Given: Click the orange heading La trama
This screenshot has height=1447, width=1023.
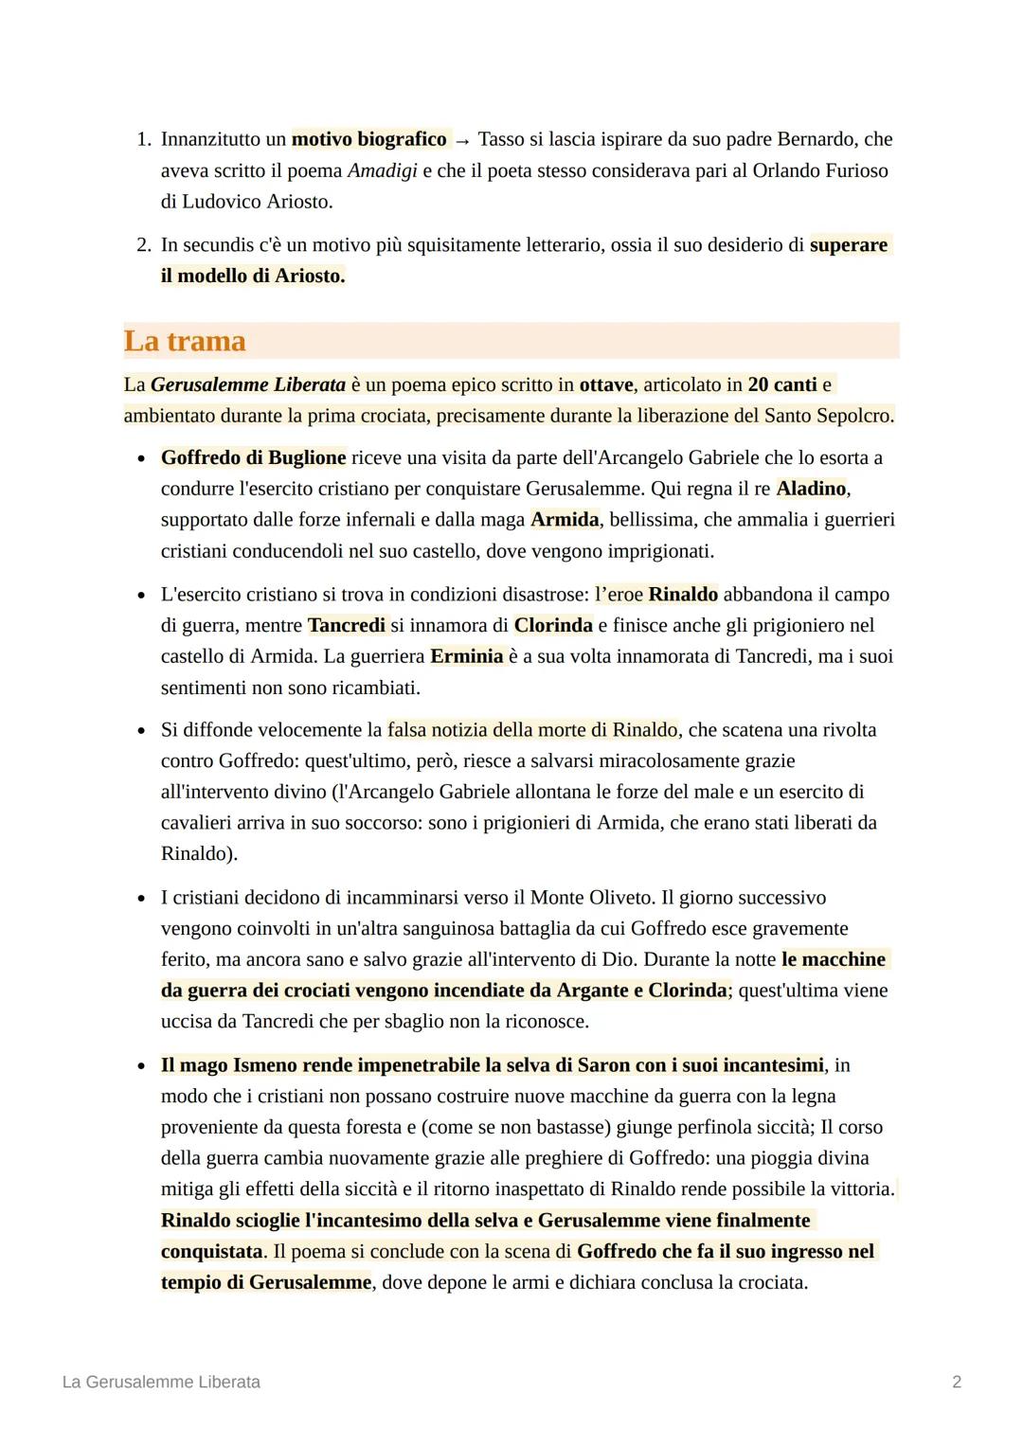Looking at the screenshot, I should coord(185,341).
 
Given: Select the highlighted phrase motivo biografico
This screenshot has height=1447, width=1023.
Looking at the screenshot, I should coord(368,139).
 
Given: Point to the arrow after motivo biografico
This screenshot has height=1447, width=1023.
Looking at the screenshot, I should coord(462,140).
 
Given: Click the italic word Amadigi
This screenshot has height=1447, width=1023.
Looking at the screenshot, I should coord(382,170).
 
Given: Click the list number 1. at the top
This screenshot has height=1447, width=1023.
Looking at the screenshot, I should coord(143,139).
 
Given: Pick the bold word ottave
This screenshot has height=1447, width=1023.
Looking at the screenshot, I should coord(606,384).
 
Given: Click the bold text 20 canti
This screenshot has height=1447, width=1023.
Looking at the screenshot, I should coord(781,384).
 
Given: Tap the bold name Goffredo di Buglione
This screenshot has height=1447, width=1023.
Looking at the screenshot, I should coord(253,457).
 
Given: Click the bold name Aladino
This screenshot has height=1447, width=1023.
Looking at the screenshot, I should coord(811,489).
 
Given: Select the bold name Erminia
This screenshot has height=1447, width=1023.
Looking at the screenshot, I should coord(466,656).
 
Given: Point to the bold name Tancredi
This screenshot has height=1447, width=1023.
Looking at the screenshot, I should coord(347,625).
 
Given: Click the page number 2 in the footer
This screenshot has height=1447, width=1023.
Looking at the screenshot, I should coord(956,1382).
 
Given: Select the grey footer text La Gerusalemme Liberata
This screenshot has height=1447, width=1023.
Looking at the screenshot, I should coord(161,1382).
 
